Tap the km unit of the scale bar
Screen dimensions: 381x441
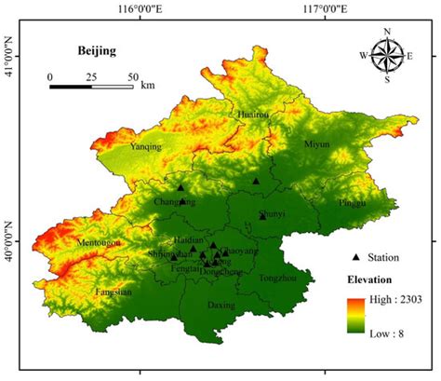(148, 87)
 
